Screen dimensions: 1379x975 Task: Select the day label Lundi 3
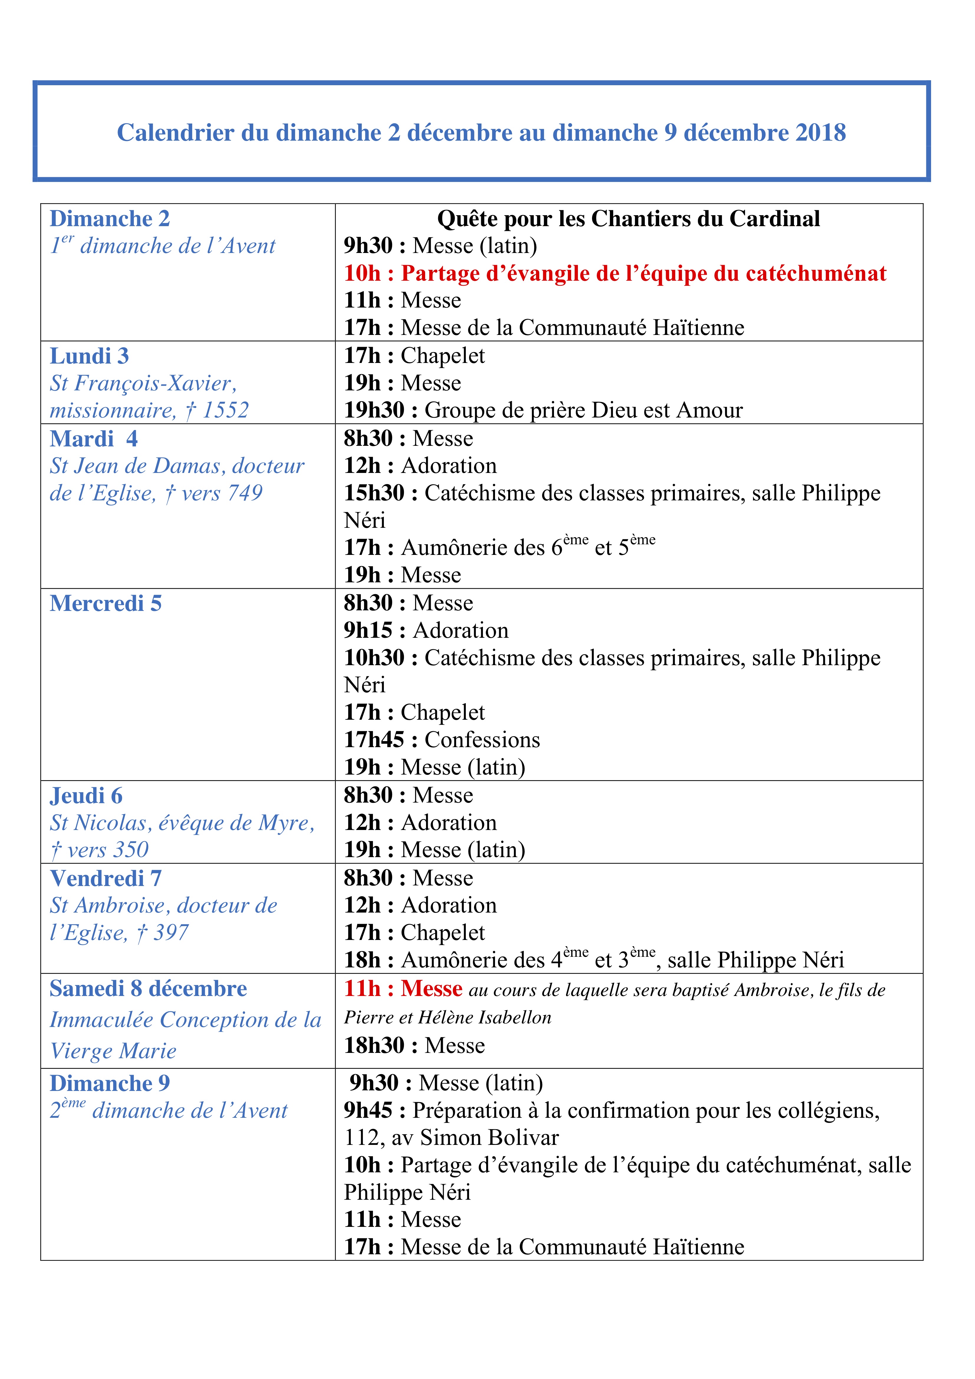point(89,356)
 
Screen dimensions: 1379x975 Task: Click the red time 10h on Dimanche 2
point(362,273)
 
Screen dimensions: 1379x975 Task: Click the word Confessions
point(482,740)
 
